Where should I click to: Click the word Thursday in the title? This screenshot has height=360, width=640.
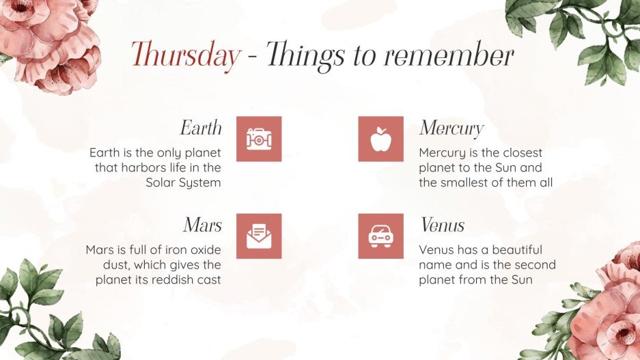point(185,55)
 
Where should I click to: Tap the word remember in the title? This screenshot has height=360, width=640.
point(449,55)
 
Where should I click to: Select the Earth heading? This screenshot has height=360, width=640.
point(201,128)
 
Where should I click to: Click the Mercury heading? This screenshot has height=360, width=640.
point(451,128)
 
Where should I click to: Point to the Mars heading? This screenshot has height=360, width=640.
point(202,225)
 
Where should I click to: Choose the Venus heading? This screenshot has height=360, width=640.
point(442,225)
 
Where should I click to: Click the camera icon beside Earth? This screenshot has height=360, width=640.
point(259,139)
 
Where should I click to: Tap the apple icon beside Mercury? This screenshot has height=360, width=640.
point(380,139)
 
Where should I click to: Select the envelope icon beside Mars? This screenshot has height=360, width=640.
point(259,236)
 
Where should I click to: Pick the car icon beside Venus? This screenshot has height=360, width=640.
point(380,236)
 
